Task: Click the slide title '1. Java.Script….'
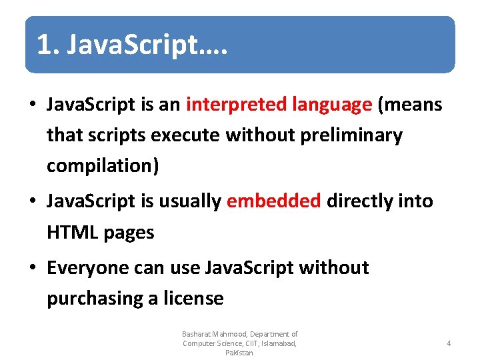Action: (132, 45)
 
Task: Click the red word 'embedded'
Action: (274, 201)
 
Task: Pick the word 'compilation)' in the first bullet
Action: (103, 166)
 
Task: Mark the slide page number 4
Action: (449, 343)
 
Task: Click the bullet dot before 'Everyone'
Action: (33, 269)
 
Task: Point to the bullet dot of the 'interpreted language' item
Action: (33, 105)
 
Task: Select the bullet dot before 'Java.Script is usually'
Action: (33, 202)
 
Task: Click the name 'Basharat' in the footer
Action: (196, 334)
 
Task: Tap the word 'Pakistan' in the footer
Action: (239, 353)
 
